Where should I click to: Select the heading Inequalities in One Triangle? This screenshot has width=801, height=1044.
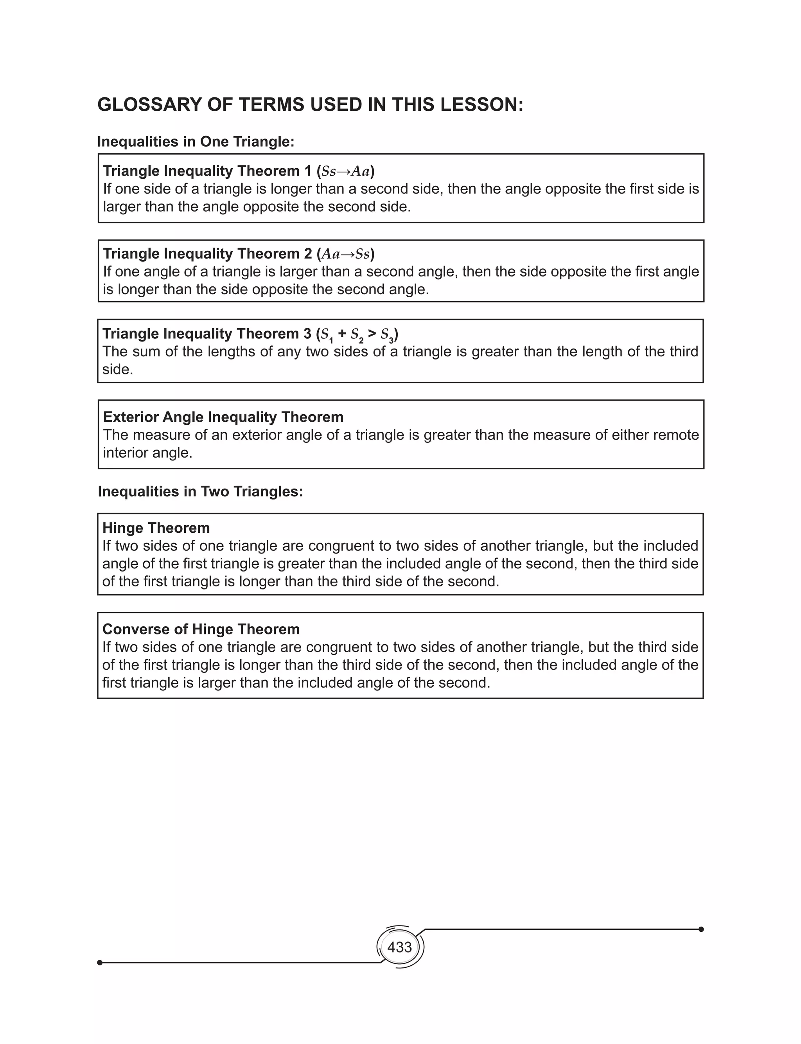click(x=196, y=142)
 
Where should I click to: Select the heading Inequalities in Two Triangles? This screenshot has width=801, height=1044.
click(x=200, y=492)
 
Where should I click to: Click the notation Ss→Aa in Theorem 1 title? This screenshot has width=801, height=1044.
click(x=346, y=171)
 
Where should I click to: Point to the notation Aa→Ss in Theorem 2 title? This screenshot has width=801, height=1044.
click(x=346, y=254)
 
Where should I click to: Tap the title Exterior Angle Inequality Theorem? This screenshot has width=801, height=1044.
click(x=223, y=417)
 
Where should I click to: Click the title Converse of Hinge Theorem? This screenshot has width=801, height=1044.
click(x=201, y=629)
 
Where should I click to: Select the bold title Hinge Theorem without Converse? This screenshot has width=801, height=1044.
click(x=156, y=528)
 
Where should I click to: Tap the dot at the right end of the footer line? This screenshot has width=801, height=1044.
click(x=701, y=929)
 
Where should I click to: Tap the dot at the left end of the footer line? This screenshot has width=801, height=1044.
click(x=100, y=963)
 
